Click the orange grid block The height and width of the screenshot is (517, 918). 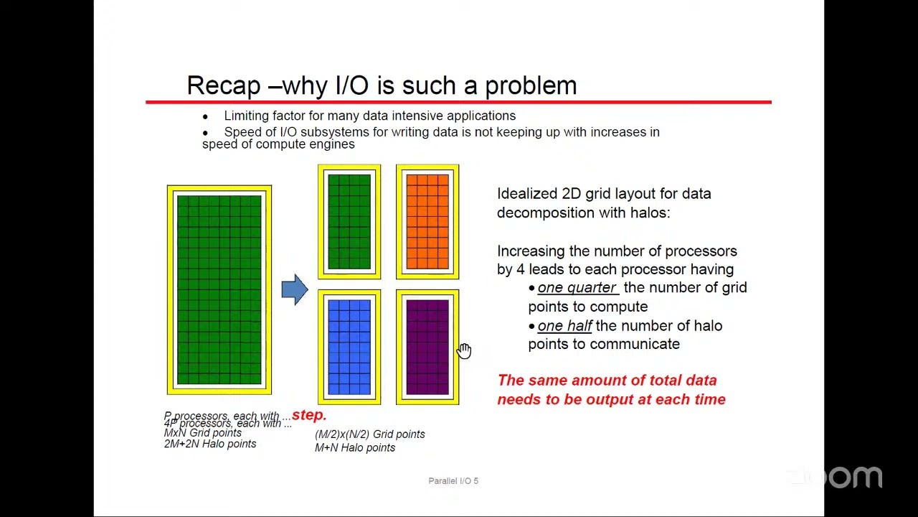[427, 221]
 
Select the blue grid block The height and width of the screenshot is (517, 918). [349, 347]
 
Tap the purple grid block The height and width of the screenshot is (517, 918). [427, 347]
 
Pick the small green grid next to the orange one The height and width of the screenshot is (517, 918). [349, 221]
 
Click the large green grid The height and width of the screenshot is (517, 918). [219, 289]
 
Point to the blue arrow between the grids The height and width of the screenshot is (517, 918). [295, 289]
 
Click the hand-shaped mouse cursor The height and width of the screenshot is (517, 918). [464, 350]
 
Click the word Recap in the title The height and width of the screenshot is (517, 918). [223, 85]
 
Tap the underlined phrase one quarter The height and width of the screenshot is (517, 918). [577, 287]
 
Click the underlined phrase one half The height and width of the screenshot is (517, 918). [564, 326]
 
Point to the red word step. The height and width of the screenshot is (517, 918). [309, 415]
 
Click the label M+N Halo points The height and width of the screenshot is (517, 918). [355, 447]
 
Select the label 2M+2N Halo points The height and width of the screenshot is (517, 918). [209, 444]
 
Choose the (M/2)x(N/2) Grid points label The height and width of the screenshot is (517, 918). [369, 434]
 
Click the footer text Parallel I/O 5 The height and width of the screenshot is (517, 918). [453, 480]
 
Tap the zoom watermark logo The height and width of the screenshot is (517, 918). [836, 476]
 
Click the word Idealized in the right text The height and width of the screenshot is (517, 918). [527, 194]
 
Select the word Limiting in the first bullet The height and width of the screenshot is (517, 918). [246, 116]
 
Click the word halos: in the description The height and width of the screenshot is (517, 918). [650, 213]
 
